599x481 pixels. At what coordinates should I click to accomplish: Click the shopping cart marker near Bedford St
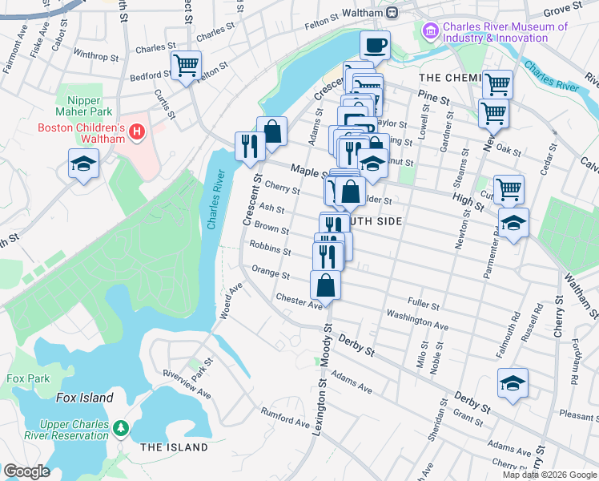[x=186, y=66]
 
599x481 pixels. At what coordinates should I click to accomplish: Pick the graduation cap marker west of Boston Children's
[x=82, y=164]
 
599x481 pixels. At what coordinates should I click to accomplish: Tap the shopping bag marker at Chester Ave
[x=326, y=285]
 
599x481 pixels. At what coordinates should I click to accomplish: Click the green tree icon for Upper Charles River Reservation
[x=120, y=427]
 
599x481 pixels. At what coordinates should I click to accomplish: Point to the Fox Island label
[x=84, y=398]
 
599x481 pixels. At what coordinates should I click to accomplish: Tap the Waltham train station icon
[x=392, y=12]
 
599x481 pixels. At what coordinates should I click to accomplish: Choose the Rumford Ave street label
[x=285, y=417]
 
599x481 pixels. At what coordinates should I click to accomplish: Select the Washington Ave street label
[x=416, y=320]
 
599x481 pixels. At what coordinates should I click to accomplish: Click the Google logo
[x=26, y=471]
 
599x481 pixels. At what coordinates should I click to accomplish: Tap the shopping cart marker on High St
[x=509, y=190]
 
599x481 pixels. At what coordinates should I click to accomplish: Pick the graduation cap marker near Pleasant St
[x=513, y=382]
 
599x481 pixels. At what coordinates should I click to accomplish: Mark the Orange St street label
[x=271, y=273]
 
